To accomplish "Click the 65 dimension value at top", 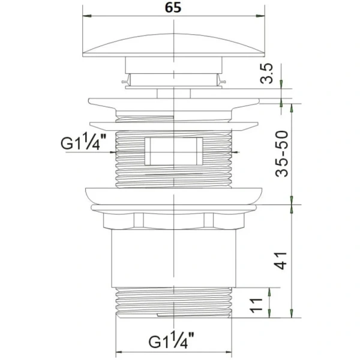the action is point(173,7).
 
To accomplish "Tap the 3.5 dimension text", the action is point(266,73).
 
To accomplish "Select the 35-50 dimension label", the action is point(281,154).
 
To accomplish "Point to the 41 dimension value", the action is point(281,260).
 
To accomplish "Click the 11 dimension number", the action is point(256,305).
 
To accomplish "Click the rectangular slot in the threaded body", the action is point(174,151).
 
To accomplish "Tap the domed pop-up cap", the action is point(173,46).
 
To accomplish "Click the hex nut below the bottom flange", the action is point(174,221).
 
